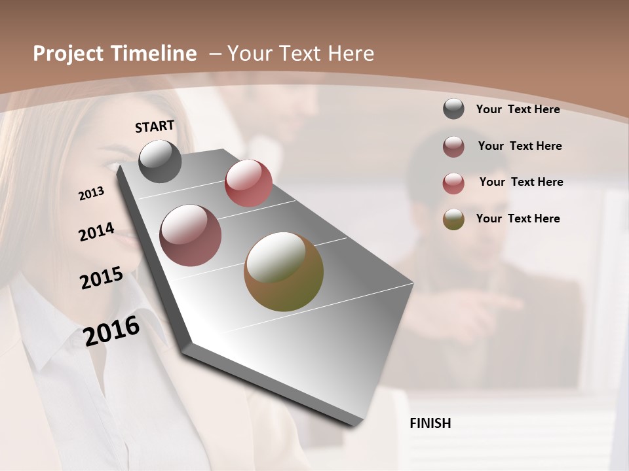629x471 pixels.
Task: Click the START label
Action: click(x=155, y=126)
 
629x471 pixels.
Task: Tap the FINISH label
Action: click(x=430, y=423)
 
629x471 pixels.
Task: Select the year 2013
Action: click(x=91, y=194)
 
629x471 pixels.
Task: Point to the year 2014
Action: click(x=96, y=232)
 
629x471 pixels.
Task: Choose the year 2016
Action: click(x=111, y=330)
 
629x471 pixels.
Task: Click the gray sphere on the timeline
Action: click(x=160, y=161)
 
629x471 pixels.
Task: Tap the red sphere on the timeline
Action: click(x=248, y=183)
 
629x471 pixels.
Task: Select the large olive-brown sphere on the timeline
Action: click(x=284, y=271)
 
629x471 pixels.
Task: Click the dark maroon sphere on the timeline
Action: click(x=191, y=235)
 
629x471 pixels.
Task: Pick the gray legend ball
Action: click(x=453, y=109)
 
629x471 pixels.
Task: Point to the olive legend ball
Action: click(x=453, y=219)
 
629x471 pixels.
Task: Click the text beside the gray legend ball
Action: click(x=518, y=109)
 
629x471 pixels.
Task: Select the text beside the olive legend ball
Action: click(x=518, y=218)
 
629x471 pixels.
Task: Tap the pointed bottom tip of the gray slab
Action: click(x=354, y=425)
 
